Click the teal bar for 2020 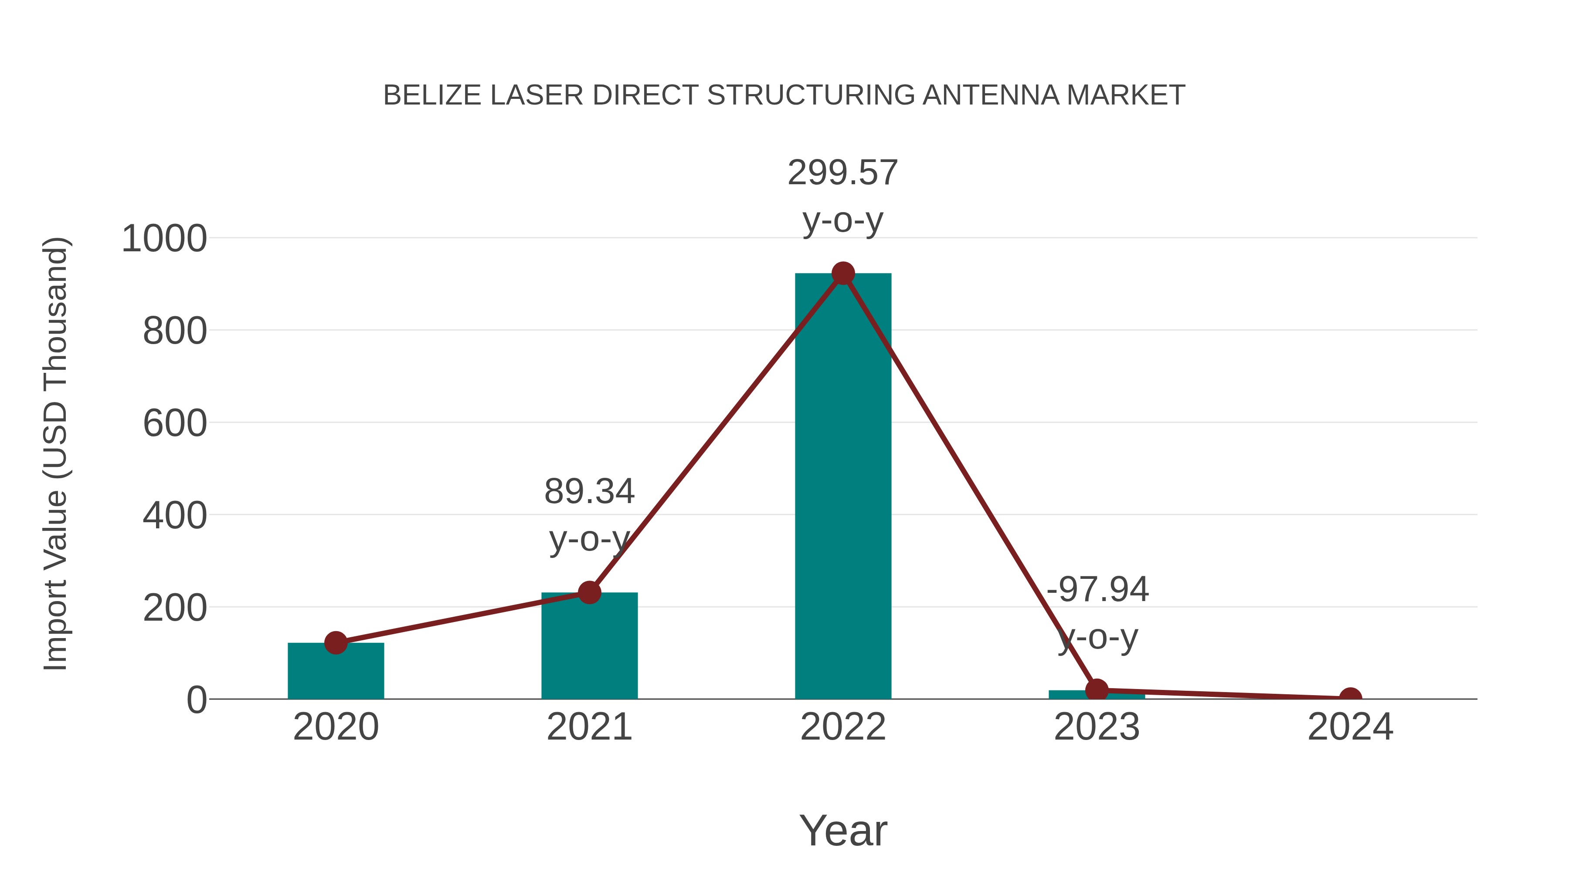click(x=336, y=672)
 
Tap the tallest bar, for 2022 click(x=842, y=487)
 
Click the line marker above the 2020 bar click(x=336, y=643)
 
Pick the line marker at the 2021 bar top click(x=589, y=592)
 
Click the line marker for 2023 click(x=1097, y=690)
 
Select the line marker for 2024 click(x=1350, y=698)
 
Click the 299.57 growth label click(x=842, y=173)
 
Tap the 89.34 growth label click(x=589, y=491)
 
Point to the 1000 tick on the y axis click(x=164, y=239)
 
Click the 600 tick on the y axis click(x=175, y=424)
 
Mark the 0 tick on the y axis click(x=196, y=700)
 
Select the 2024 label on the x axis click(x=1350, y=727)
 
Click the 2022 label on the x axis click(x=842, y=727)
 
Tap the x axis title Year click(x=842, y=831)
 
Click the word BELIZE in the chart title click(x=432, y=95)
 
